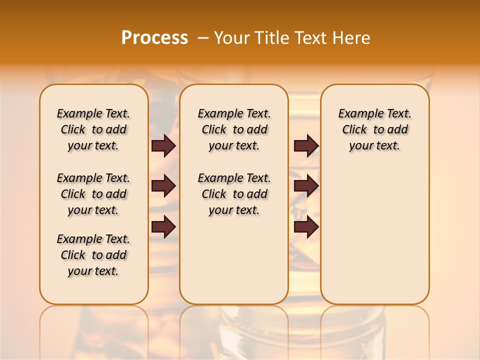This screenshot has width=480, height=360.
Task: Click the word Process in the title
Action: [154, 38]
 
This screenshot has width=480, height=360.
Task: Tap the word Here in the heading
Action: [352, 38]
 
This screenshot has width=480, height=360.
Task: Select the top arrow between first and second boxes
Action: [163, 145]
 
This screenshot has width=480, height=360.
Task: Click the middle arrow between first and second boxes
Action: [163, 186]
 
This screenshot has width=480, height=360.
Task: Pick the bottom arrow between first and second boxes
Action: [163, 226]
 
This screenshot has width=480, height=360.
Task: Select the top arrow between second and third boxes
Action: [306, 145]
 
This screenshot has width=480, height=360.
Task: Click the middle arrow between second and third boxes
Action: [306, 186]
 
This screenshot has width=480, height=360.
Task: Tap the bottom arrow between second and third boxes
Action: [306, 226]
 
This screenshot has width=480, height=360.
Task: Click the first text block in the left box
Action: [93, 129]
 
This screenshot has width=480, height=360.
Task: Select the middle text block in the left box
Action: [93, 194]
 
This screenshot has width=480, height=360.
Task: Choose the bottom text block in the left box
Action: [93, 255]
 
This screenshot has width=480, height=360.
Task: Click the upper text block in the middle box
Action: [234, 129]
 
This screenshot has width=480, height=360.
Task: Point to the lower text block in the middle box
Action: [234, 194]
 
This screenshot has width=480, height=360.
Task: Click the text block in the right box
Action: [375, 129]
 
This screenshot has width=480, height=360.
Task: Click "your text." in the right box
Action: [375, 145]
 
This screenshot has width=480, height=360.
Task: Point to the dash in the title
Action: [203, 38]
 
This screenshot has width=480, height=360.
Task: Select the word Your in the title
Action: [231, 38]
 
